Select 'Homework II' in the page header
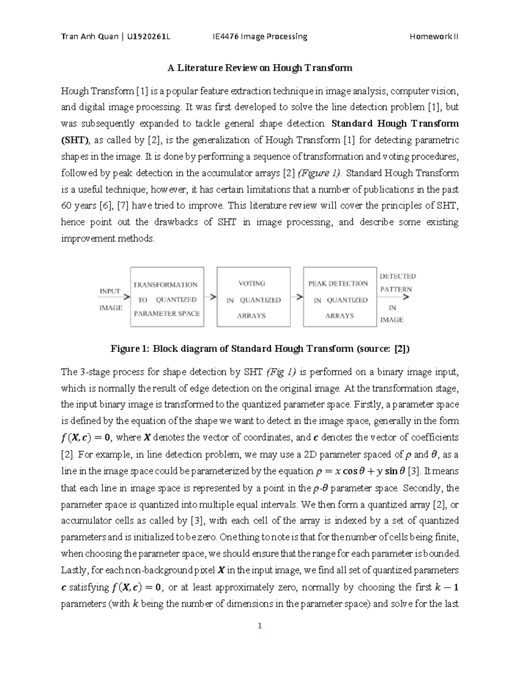434,36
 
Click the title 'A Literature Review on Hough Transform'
260,68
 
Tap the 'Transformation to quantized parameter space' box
167,297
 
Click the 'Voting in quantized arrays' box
253,297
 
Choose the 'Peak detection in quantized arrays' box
340,297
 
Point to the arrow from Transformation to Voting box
211,297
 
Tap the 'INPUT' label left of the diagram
110,291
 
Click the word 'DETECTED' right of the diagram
397,276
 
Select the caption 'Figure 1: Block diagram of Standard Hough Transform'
260,349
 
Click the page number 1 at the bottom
260,626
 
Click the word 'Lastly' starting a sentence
73,570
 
